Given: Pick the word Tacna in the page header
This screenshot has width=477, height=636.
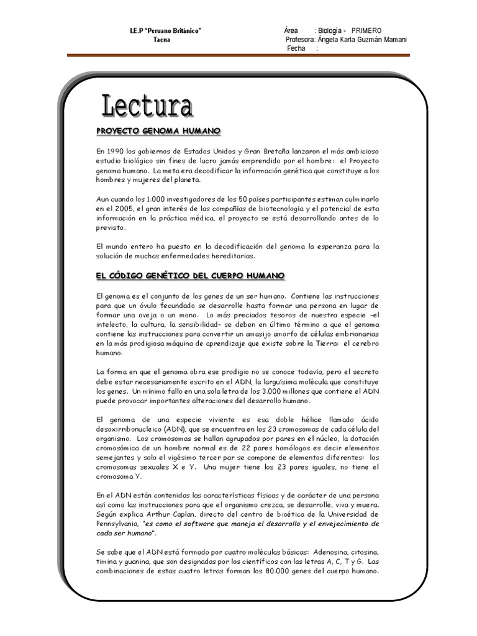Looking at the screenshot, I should click(161, 40).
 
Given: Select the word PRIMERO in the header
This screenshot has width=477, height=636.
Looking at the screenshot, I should click(366, 30).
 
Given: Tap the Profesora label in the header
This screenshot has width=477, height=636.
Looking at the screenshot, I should click(299, 40).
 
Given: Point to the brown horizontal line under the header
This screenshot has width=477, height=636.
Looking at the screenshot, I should click(238, 55).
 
